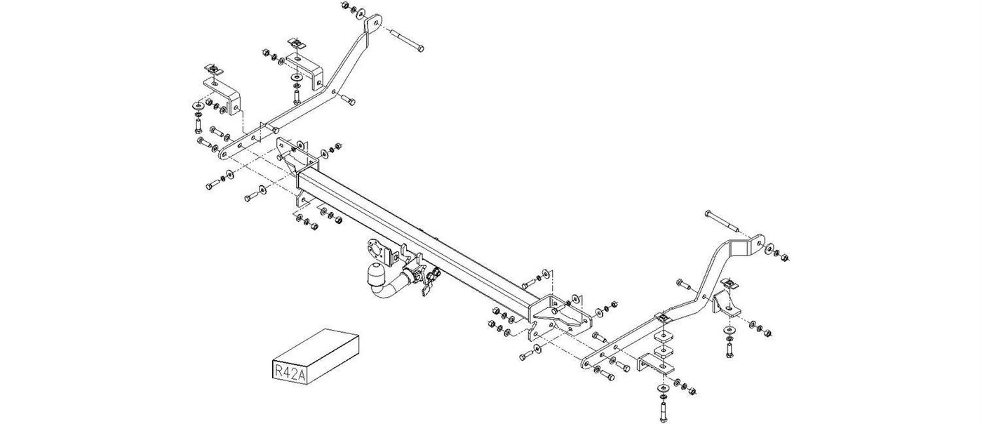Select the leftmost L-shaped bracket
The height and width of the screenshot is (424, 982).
coord(227,94)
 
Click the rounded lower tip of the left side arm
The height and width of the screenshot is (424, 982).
coord(227,153)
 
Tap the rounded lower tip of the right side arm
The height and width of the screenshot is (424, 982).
coord(586,364)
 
